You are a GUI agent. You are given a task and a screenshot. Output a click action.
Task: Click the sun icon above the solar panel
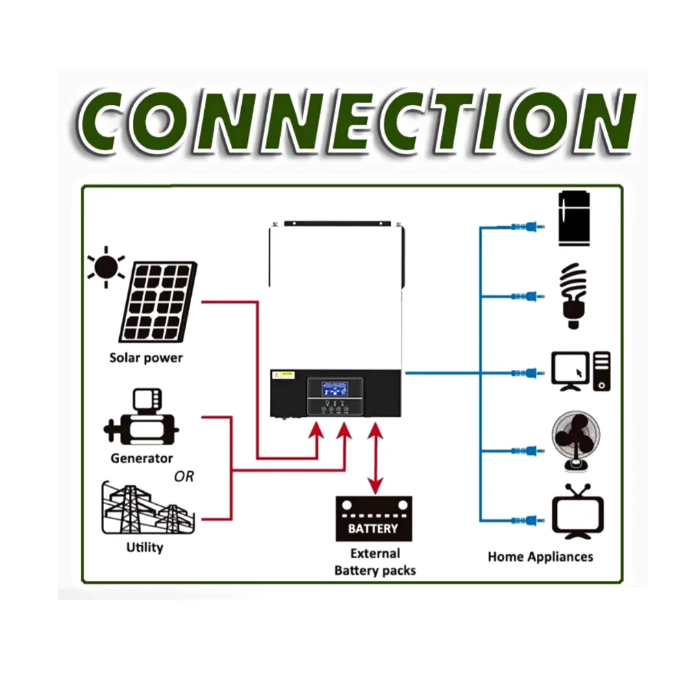105,266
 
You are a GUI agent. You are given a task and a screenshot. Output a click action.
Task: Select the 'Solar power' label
146,358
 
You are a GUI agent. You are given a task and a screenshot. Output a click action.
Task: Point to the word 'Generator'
142,458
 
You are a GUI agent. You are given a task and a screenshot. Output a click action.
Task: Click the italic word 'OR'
184,476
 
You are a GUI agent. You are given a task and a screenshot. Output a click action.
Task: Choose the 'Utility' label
145,547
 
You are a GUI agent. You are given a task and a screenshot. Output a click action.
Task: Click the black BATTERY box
373,519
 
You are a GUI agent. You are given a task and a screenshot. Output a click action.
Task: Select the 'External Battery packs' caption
375,562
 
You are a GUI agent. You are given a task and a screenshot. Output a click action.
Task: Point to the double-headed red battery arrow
375,459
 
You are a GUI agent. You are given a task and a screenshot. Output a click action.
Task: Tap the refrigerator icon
575,219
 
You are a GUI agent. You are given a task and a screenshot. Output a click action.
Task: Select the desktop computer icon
581,371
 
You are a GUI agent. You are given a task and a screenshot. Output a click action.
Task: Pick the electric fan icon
575,442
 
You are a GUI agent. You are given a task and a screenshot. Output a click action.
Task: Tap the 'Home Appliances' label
540,556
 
